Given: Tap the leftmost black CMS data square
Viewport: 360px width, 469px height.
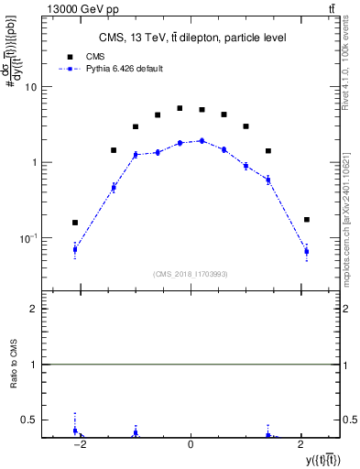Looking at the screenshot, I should coord(75,223).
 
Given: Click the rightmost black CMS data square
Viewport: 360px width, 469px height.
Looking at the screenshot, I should coord(307,220).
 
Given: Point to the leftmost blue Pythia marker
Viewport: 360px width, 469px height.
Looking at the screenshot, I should coord(75,249).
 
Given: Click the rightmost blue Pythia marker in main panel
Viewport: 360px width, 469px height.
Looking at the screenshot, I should coord(307,251).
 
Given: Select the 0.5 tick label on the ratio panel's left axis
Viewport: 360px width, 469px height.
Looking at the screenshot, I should coord(29,420).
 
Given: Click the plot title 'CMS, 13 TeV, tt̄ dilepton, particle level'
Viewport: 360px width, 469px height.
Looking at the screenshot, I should coord(191,38).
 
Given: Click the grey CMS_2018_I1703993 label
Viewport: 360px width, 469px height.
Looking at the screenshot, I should coord(191,274).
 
